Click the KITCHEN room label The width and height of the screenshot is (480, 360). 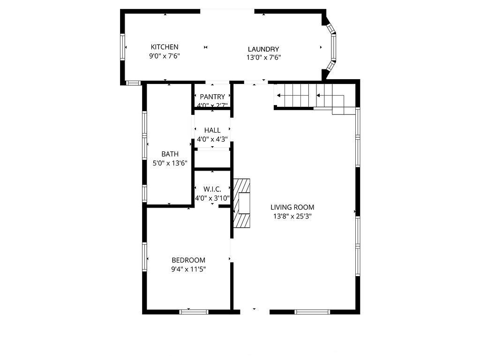coord(165,47)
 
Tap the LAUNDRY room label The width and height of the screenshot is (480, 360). coord(263,49)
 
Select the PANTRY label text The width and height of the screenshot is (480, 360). coord(212,97)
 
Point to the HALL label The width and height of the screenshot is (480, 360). coord(212,130)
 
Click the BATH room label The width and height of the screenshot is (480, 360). coord(170,154)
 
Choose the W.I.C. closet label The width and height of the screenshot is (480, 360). coord(212,189)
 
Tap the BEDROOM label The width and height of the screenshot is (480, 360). coord(188,260)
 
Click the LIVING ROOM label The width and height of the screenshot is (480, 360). coord(292,207)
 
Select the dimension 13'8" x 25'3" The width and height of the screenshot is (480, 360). coord(292,217)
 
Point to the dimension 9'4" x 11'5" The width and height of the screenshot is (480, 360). coord(188,270)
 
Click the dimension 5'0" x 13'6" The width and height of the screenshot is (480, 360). coord(170,163)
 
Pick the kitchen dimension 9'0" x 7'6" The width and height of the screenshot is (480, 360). coord(165,56)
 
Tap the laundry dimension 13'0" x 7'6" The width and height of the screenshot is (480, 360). coord(263,58)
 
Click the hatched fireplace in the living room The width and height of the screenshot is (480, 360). coord(241,203)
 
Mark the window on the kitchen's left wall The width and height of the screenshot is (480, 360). coord(122,47)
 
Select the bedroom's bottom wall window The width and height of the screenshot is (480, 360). coord(194,312)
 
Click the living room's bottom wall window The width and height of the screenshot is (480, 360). coord(312,312)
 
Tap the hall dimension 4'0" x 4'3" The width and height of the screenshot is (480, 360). coord(212,139)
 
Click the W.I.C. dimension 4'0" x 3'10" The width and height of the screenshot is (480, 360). coord(212,198)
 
